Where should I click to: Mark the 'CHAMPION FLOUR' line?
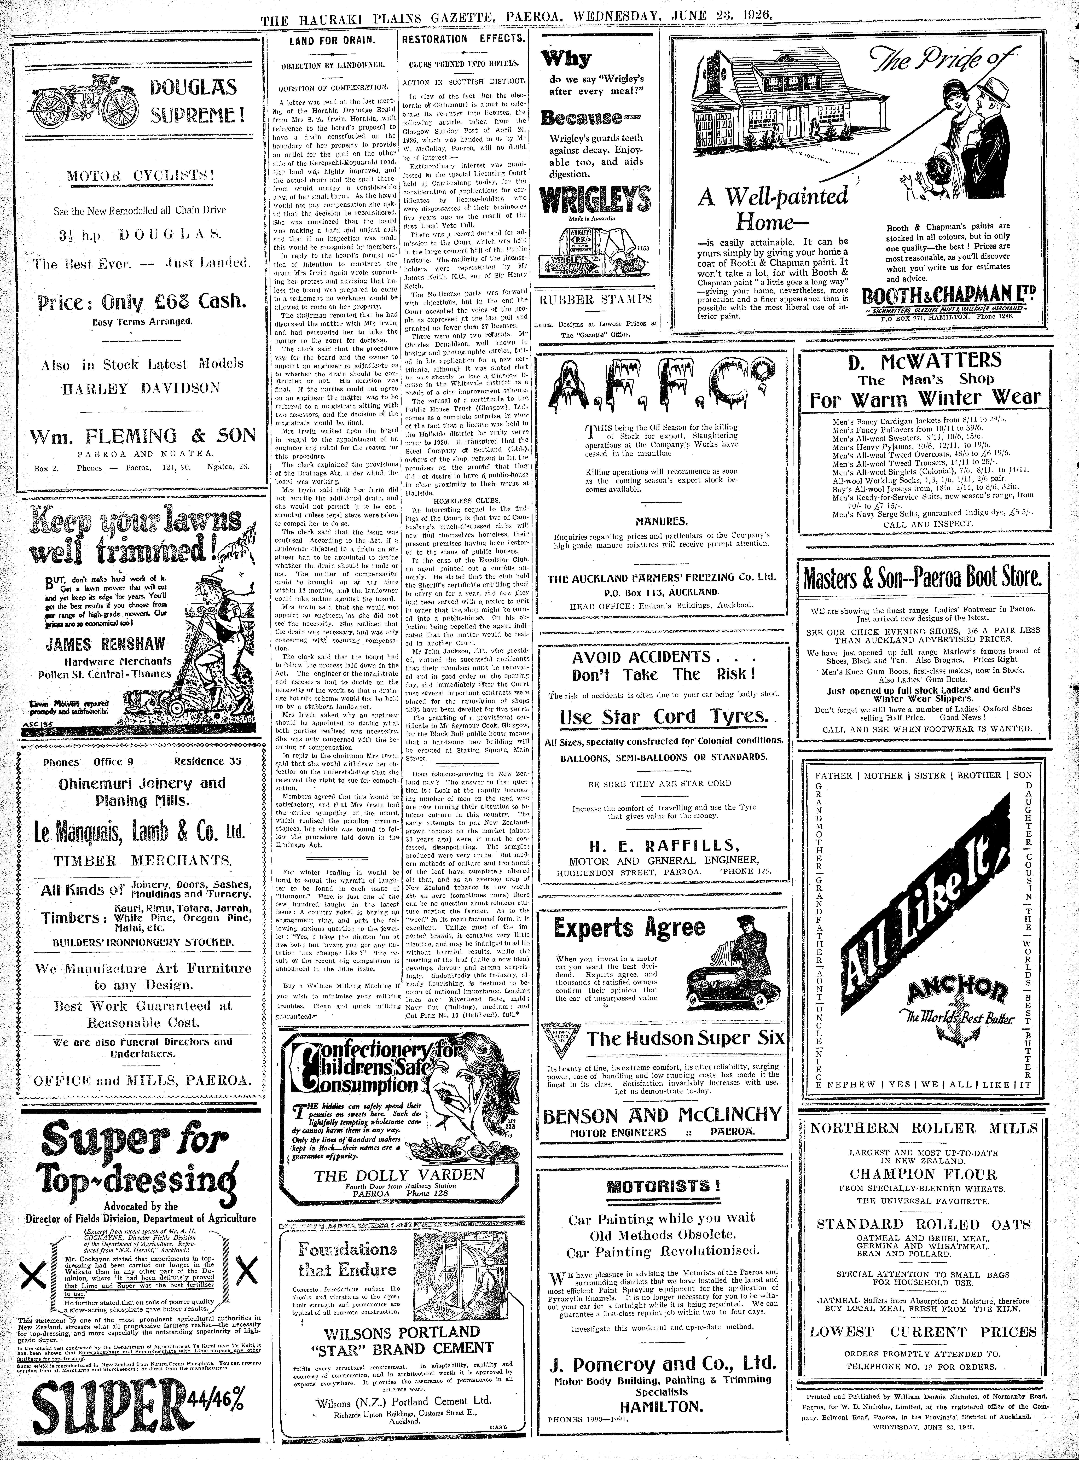coord(924,1173)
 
